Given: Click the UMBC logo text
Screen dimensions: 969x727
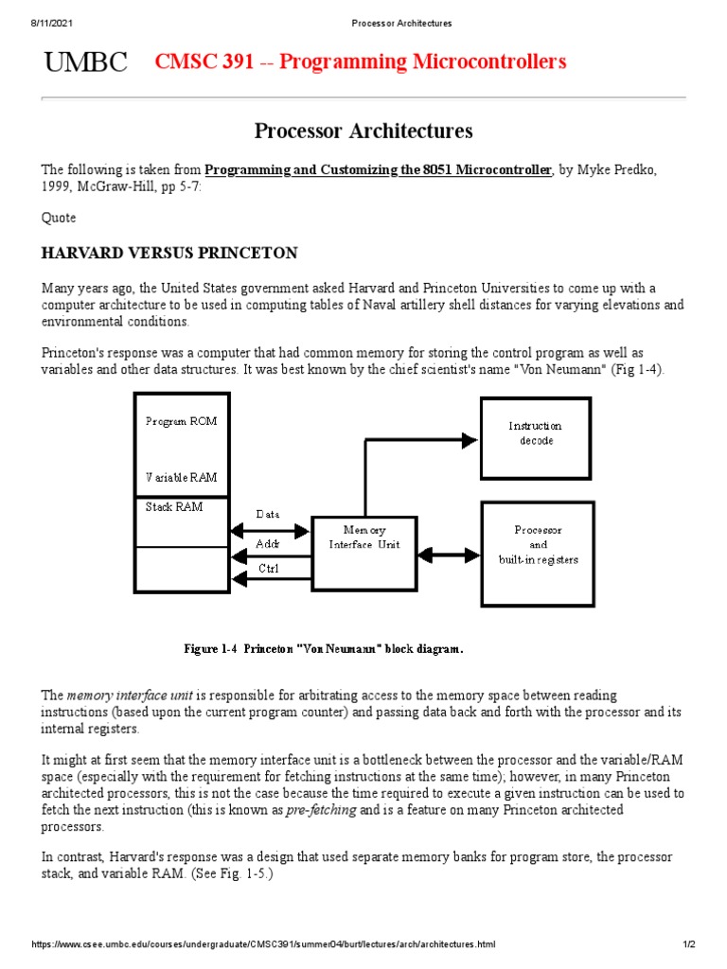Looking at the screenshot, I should pos(85,62).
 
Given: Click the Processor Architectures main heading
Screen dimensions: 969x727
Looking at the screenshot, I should pos(363,131).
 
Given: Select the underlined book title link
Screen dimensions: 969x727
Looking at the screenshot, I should pos(378,170).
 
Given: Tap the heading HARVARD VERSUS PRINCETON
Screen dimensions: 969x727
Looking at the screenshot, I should pos(169,253).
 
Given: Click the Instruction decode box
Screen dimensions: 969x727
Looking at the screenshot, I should pos(536,437).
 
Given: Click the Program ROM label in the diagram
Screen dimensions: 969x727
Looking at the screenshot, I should pos(181,421).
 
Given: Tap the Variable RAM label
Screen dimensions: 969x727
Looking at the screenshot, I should pos(181,477).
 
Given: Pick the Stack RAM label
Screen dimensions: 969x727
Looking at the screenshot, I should pos(174,507).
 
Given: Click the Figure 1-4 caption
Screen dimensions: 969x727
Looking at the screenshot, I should pos(323,649).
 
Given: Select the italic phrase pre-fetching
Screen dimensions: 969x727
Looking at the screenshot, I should pos(321,811).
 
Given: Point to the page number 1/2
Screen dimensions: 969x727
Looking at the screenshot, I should pos(689,945).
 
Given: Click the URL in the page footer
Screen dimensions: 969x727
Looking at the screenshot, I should pos(263,945).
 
